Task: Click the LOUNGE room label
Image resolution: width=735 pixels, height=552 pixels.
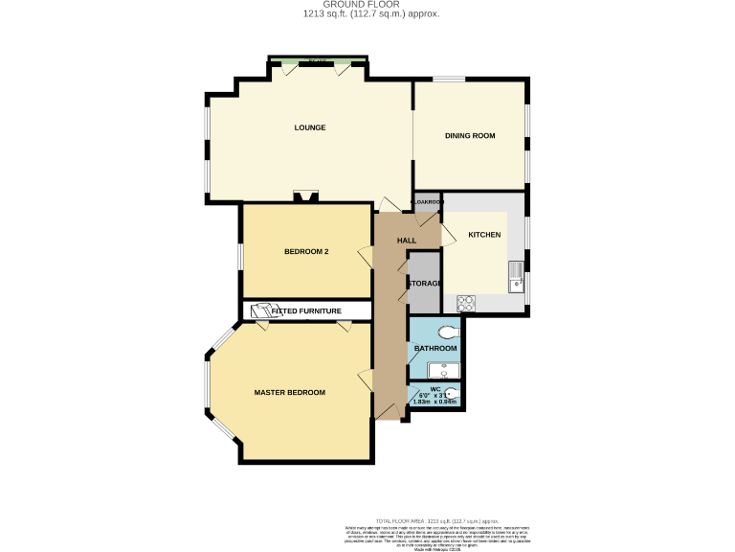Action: [x=309, y=127]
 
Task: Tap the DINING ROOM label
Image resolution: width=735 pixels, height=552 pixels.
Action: [x=470, y=136]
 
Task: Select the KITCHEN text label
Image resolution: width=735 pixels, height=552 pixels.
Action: [x=484, y=235]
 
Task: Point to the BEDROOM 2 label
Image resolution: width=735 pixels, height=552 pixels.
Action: [x=306, y=252]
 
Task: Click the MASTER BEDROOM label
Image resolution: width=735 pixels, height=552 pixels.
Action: [x=289, y=393]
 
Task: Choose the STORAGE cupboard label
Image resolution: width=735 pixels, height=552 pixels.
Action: [x=424, y=284]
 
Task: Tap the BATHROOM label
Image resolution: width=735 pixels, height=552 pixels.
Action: [x=434, y=348]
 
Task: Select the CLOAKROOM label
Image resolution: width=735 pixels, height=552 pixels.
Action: [x=427, y=202]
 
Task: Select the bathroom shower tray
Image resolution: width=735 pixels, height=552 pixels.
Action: [x=443, y=371]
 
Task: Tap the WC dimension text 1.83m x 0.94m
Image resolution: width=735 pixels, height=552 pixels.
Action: [x=436, y=402]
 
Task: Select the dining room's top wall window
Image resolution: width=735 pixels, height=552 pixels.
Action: [x=450, y=80]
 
